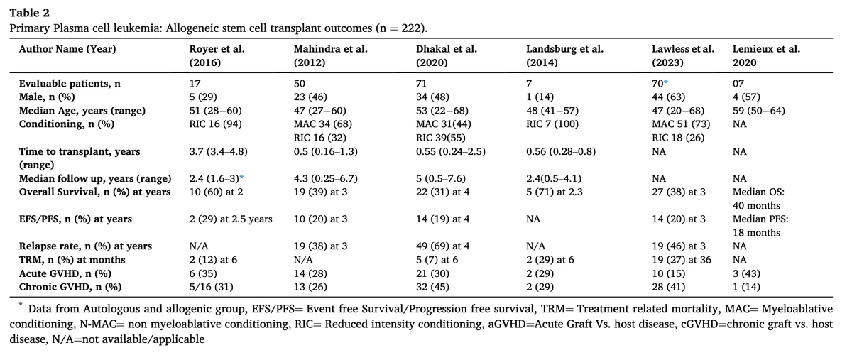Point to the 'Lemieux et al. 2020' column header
pos(766,55)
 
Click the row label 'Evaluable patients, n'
pos(70,84)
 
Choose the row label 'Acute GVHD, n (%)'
pos(65,273)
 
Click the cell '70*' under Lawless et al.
pos(660,84)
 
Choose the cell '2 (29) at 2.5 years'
pos(231,219)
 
